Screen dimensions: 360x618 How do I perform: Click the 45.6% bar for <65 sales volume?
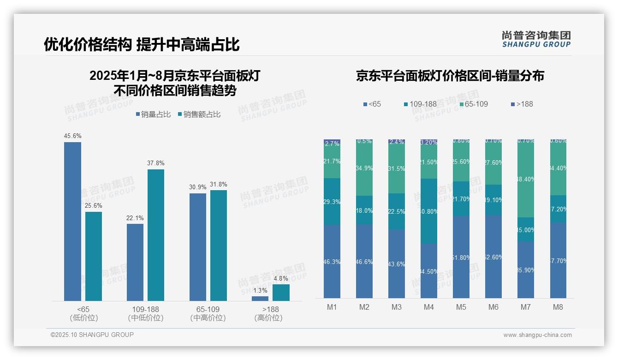pos(72,222)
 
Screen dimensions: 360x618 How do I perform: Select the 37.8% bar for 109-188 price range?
pos(156,235)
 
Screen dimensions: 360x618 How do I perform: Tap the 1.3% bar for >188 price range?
pos(260,299)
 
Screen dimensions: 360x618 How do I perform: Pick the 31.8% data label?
pos(218,184)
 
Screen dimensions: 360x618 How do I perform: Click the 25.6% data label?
pos(93,206)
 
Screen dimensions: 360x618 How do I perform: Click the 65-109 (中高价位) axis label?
pos(208,313)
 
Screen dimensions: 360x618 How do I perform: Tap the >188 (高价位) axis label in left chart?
pos(268,313)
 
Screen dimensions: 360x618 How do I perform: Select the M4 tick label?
pos(428,307)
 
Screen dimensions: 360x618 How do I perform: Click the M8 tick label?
pos(558,307)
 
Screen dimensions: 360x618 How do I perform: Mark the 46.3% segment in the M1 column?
pos(332,261)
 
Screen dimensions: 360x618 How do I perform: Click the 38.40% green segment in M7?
pos(526,179)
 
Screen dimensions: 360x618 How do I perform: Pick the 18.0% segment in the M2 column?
pos(364,210)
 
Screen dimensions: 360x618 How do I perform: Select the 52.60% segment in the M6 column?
pos(493,257)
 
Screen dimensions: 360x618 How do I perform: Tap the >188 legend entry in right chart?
pos(522,104)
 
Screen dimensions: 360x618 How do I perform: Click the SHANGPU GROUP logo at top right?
pos(536,39)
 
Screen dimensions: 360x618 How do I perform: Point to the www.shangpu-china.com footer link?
pos(537,335)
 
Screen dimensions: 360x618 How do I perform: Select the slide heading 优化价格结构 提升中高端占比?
pos(142,44)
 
